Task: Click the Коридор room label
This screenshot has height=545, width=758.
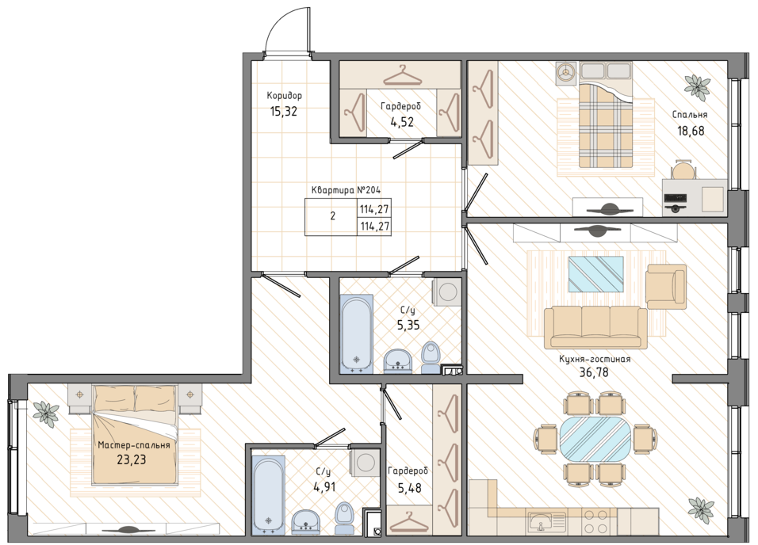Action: pyautogui.click(x=284, y=96)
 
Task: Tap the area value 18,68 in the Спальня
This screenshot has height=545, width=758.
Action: pyautogui.click(x=691, y=131)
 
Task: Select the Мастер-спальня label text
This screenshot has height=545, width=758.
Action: pyautogui.click(x=134, y=445)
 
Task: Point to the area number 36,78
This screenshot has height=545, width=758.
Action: pyautogui.click(x=594, y=372)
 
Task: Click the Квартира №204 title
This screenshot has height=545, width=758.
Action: pyautogui.click(x=343, y=190)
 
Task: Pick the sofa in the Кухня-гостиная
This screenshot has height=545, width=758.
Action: pyautogui.click(x=595, y=327)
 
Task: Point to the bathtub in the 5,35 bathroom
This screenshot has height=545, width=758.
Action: pyautogui.click(x=357, y=333)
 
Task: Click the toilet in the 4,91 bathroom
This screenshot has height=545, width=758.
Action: pyautogui.click(x=343, y=517)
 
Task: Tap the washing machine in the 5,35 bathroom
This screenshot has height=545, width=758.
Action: pyautogui.click(x=447, y=292)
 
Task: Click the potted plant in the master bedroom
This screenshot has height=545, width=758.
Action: pyautogui.click(x=46, y=412)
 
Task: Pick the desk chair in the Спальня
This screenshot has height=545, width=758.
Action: pyautogui.click(x=683, y=170)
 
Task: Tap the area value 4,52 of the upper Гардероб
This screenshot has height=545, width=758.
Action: pyautogui.click(x=402, y=122)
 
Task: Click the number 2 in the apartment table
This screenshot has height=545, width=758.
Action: pyautogui.click(x=332, y=216)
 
